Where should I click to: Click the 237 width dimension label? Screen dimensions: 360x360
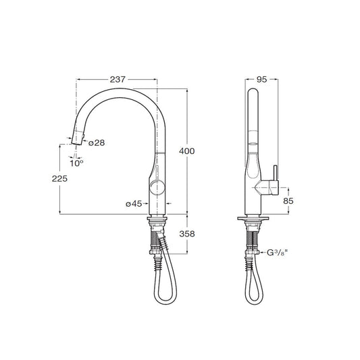click(118, 80)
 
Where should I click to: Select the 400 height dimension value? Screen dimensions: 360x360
click(186, 151)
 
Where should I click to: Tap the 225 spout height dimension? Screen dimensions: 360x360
click(59, 178)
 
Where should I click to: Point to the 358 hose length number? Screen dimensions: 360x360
click(187, 234)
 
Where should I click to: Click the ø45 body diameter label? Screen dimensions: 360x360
click(134, 203)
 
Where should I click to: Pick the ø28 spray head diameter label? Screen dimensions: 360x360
click(97, 143)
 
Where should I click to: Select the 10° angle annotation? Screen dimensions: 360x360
click(76, 163)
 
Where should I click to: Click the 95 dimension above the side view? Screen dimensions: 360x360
click(261, 80)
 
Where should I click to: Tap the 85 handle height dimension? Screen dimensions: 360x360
click(288, 201)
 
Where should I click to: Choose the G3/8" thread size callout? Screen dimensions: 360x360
click(277, 253)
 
